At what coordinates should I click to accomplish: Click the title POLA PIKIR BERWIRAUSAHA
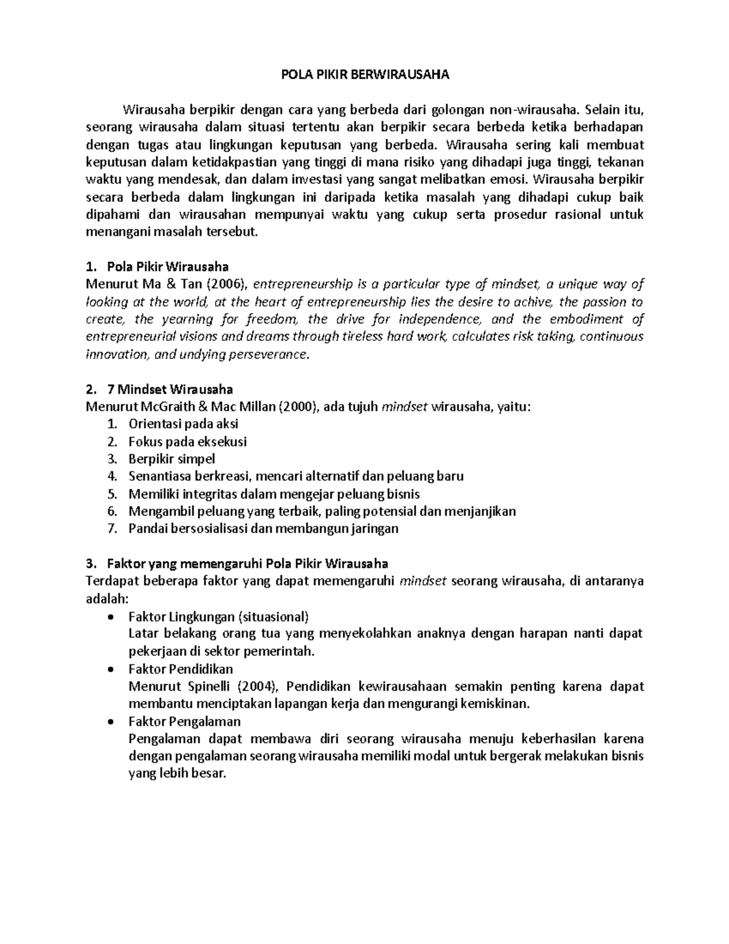(x=364, y=75)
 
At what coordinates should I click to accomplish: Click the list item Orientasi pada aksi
(x=183, y=424)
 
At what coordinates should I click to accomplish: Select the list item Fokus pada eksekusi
(x=187, y=441)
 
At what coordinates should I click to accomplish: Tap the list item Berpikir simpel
(x=171, y=459)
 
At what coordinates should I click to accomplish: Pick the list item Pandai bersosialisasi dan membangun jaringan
(x=263, y=528)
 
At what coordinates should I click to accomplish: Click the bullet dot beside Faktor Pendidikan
(x=110, y=670)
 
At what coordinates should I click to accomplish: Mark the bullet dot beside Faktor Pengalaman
(x=110, y=722)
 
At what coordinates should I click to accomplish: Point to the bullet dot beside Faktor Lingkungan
(x=110, y=618)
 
